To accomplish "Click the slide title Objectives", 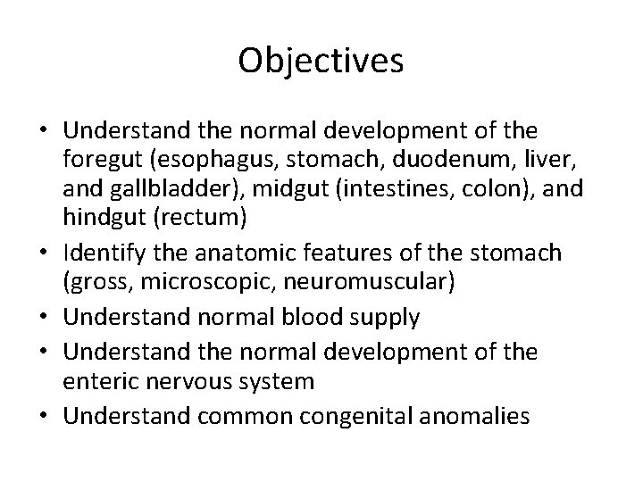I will [x=321, y=61].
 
